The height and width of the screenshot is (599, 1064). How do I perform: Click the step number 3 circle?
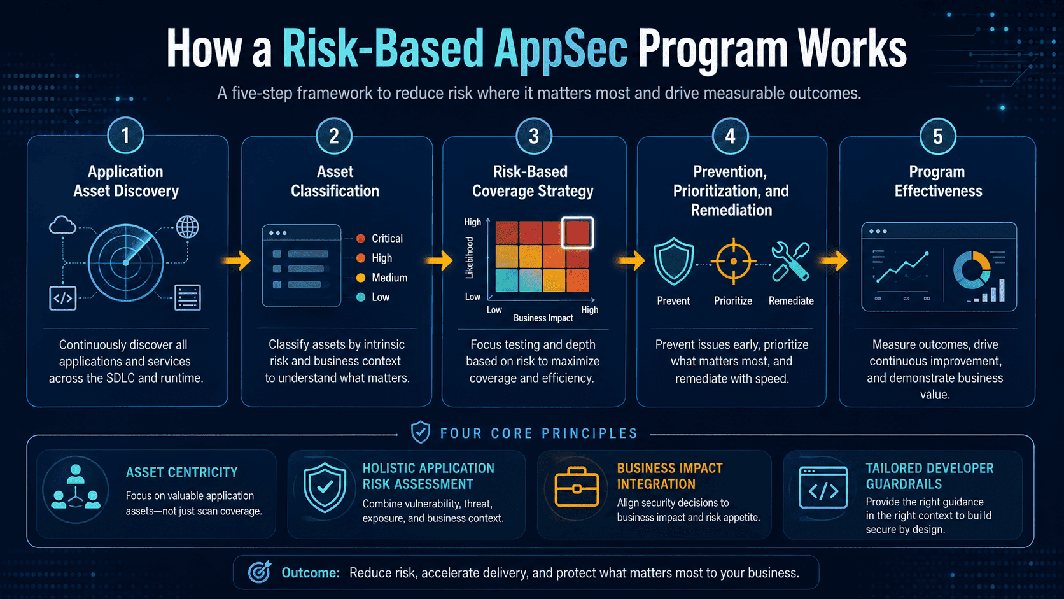(x=534, y=136)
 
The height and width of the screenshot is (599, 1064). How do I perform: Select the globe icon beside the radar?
(x=188, y=227)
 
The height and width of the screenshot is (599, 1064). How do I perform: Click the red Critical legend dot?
(x=361, y=239)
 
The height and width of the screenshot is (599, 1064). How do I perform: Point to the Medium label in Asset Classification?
(x=389, y=278)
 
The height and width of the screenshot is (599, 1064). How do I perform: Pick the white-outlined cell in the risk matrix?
(x=578, y=233)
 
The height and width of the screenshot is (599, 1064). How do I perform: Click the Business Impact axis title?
(x=543, y=318)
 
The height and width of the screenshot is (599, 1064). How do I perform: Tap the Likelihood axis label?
(x=469, y=257)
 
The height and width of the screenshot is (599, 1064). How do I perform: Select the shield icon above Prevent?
(x=673, y=261)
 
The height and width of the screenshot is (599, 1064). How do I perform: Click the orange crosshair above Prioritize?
(x=733, y=261)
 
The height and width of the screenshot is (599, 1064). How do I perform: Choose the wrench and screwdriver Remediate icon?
(x=791, y=261)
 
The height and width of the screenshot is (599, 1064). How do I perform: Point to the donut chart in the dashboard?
(x=972, y=270)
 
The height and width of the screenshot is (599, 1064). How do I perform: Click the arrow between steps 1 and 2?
(x=237, y=260)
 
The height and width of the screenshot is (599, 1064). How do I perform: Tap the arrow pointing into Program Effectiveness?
(x=833, y=260)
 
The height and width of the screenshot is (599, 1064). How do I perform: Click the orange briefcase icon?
(x=577, y=487)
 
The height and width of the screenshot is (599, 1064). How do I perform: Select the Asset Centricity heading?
(x=181, y=472)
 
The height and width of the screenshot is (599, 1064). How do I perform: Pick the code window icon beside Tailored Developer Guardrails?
(x=823, y=488)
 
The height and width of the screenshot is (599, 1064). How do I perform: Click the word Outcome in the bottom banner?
(x=310, y=573)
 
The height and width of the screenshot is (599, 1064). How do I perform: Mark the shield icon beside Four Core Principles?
(x=421, y=432)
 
